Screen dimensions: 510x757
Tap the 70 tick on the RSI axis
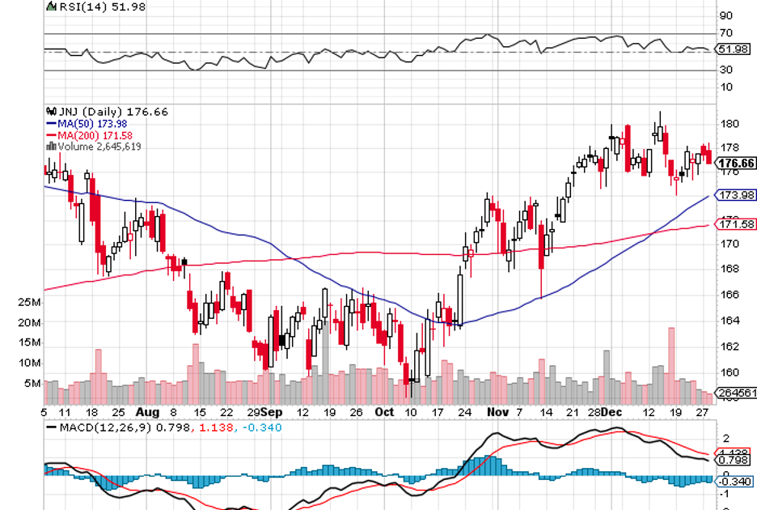(726, 33)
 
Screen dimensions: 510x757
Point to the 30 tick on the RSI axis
(726, 70)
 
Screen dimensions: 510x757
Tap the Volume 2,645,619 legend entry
(98, 147)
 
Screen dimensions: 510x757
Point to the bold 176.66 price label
(737, 164)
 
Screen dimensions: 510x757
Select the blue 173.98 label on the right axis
(737, 195)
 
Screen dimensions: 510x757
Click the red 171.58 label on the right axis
(737, 223)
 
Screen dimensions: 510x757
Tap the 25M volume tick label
(29, 303)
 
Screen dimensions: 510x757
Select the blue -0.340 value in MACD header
(264, 427)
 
